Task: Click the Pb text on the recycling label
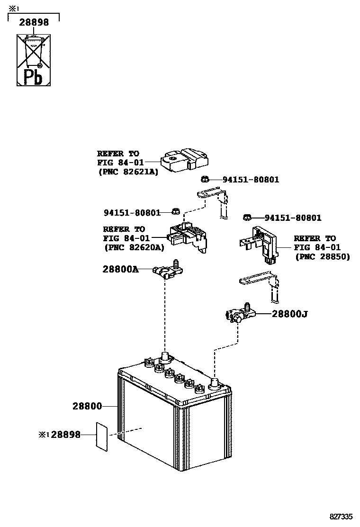33,76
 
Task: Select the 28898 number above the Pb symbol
34,22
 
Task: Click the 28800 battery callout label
87,406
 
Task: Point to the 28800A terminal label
120,269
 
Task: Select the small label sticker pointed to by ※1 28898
102,436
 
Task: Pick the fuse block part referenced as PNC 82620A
187,234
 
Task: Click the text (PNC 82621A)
128,172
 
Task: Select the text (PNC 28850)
322,256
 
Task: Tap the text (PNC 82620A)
134,247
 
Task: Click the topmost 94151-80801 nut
205,180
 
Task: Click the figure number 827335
342,516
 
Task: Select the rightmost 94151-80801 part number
293,218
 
